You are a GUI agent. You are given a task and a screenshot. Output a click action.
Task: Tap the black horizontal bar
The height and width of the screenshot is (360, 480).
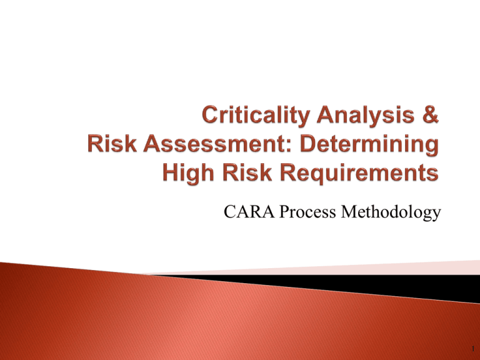(x=375, y=286)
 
